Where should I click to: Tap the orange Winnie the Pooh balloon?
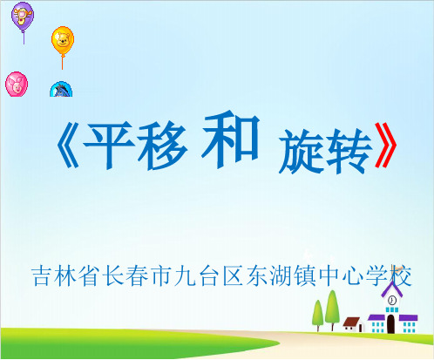tap(63, 41)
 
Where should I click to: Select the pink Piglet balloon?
tap(17, 84)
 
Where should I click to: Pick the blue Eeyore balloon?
tap(61, 89)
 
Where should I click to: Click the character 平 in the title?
tap(108, 146)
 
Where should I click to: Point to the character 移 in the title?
tap(163, 146)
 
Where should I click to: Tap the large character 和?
tap(231, 139)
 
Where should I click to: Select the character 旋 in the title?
tap(302, 151)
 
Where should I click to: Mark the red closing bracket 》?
tap(386, 146)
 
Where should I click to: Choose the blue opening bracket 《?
tap(67, 146)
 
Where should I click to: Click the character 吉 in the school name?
tap(42, 275)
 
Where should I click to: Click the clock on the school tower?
tap(392, 299)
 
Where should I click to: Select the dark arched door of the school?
tap(391, 324)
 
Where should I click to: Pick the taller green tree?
tap(332, 309)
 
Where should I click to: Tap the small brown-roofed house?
tap(353, 324)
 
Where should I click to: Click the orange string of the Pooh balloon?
tap(62, 62)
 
